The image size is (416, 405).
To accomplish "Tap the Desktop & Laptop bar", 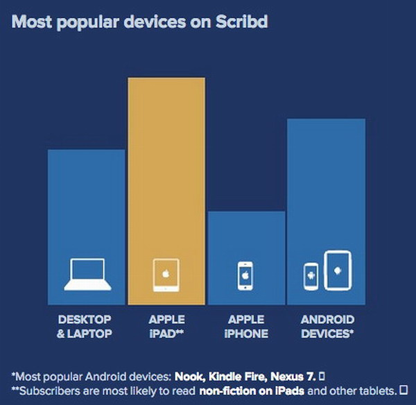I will click(86, 208).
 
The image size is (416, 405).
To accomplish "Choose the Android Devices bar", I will click(326, 194).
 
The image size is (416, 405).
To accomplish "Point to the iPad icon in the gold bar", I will click(166, 275).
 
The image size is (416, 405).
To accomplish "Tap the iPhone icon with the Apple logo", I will click(245, 276).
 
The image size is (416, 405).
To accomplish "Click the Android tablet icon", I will click(338, 270).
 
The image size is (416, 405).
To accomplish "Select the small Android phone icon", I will click(311, 276).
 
